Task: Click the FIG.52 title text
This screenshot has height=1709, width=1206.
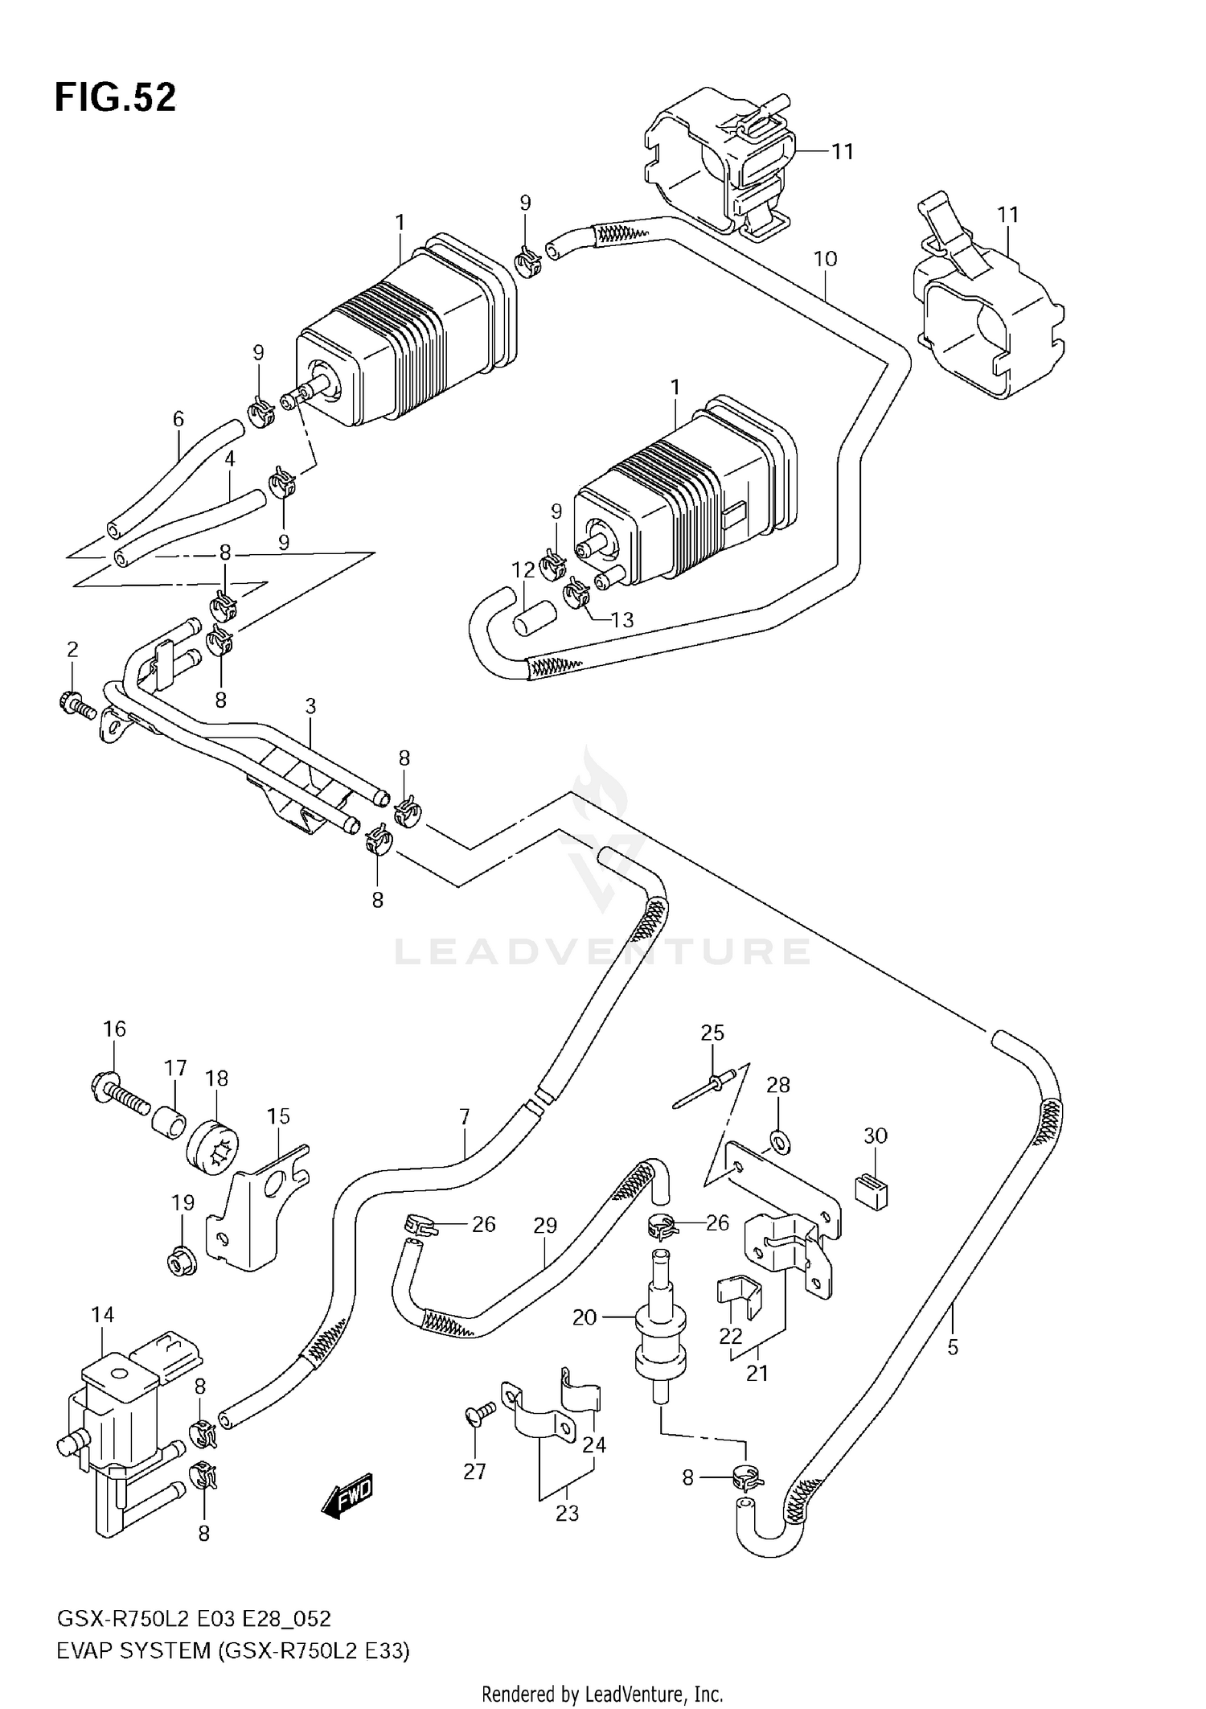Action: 115,98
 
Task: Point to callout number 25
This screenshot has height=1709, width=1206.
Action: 712,1033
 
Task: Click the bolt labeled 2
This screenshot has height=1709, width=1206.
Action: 76,705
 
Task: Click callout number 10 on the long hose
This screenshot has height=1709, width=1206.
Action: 826,259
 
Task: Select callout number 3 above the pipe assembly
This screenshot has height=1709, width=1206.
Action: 310,706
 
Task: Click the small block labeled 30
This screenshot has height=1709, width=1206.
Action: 870,1191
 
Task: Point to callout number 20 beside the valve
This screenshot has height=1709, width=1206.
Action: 585,1317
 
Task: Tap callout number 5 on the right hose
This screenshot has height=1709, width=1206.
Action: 953,1347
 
